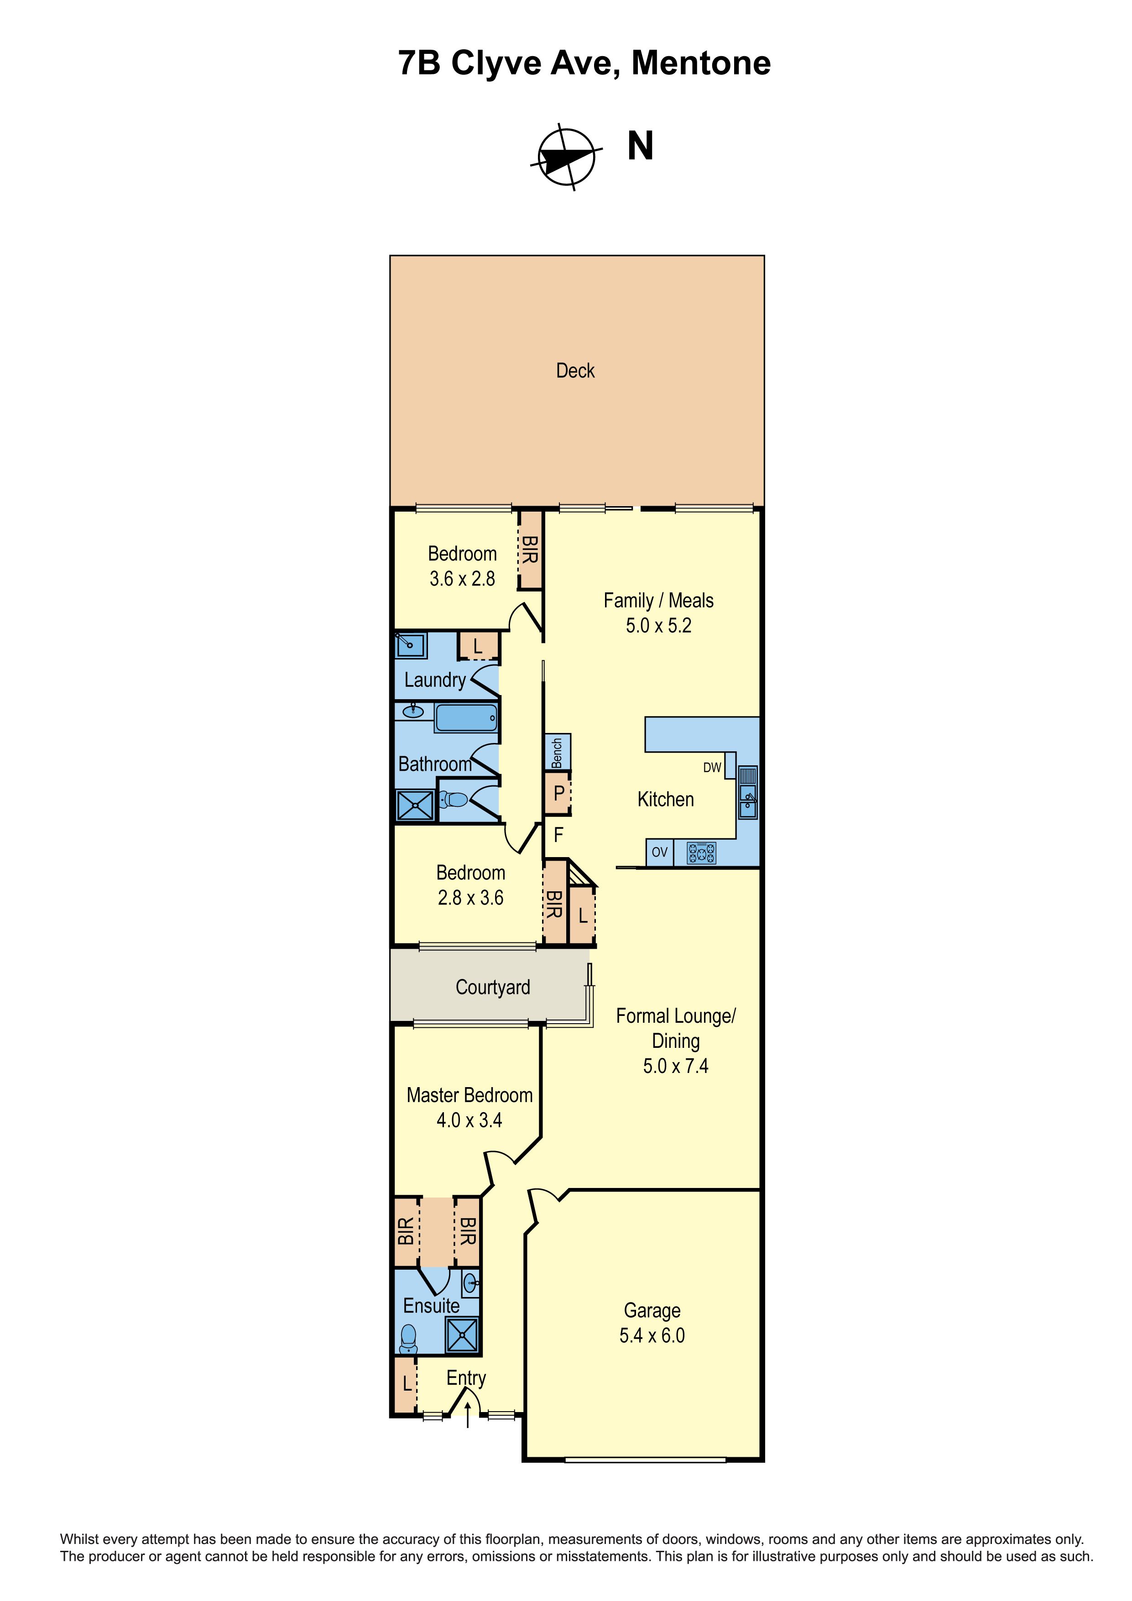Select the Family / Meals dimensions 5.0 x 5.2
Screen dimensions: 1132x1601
point(659,626)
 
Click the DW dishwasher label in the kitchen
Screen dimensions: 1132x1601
point(712,768)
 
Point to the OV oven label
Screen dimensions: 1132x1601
point(659,852)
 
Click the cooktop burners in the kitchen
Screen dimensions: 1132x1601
point(701,853)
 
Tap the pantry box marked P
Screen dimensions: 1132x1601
point(558,793)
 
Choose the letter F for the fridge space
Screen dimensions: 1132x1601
point(558,835)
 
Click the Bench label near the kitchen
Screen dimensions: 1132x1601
point(557,753)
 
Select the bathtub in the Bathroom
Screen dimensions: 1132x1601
point(466,717)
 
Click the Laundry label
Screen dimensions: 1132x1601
point(435,680)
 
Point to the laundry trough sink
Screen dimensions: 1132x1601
point(411,645)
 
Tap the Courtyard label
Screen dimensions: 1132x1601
point(493,987)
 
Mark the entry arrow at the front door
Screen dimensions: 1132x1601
point(467,1416)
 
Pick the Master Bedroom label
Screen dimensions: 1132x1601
point(470,1095)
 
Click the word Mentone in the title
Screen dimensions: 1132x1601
point(701,63)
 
